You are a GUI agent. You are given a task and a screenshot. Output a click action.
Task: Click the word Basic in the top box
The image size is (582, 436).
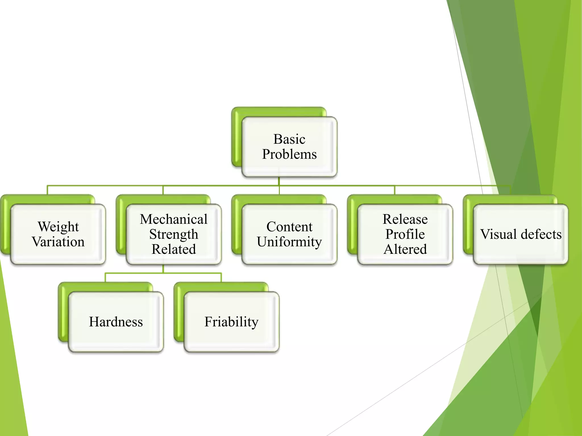289,139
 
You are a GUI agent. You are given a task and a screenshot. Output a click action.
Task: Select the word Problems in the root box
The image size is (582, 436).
289,154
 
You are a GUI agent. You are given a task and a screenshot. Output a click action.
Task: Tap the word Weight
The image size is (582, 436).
58,227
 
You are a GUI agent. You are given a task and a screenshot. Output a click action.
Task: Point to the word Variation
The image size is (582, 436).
58,242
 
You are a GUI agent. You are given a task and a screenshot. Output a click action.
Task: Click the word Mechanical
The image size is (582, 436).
174,219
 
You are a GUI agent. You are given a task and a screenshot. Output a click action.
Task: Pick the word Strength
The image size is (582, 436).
174,234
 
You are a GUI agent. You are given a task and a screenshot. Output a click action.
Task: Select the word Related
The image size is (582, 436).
174,249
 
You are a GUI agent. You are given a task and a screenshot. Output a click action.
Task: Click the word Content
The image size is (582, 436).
289,227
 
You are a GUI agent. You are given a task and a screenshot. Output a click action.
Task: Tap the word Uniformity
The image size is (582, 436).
289,242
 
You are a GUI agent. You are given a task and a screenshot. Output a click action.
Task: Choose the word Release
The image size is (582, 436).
405,219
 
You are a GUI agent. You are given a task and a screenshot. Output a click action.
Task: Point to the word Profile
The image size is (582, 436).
405,234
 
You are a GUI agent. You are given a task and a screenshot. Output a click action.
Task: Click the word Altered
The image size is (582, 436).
405,249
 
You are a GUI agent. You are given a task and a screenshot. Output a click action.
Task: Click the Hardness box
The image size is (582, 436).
116,322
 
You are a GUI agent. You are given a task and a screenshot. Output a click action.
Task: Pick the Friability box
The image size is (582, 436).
231,322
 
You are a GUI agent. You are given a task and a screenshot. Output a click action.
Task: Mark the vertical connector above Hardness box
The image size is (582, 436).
105,278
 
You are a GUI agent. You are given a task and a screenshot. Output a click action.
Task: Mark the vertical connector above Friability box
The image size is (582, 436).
221,278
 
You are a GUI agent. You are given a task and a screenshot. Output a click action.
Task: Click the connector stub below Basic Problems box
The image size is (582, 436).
279,181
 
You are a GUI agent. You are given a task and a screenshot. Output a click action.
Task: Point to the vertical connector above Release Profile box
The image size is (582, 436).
395,190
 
